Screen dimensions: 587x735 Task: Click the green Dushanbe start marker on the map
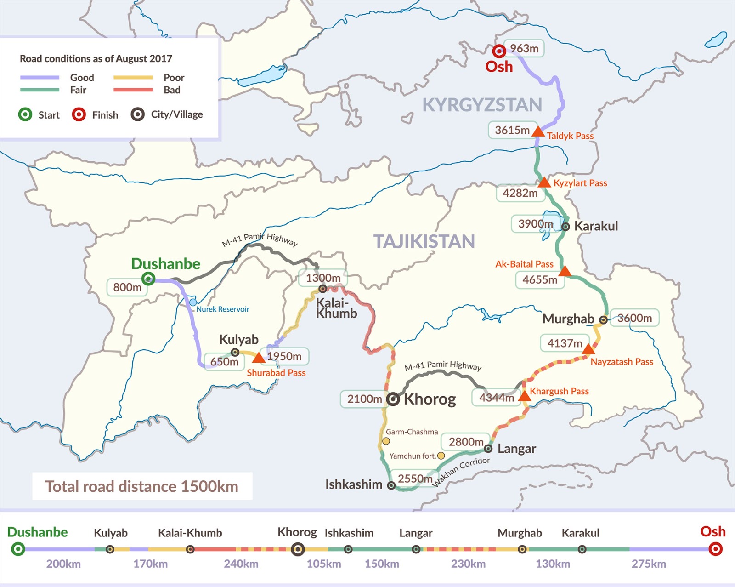148,278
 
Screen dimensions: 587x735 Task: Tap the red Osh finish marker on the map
499,51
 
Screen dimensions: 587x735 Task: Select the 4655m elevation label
540,279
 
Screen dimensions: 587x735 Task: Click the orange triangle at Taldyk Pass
538,132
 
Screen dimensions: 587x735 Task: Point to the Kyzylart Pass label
580,183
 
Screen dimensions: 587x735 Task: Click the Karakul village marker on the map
565,226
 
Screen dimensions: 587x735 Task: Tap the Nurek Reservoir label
223,309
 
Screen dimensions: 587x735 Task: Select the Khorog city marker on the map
393,399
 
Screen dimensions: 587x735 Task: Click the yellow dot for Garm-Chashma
386,441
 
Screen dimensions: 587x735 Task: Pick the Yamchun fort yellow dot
441,456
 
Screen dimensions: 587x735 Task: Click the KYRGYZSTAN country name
482,105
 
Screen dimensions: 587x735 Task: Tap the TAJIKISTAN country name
424,241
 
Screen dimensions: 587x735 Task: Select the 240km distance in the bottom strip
241,564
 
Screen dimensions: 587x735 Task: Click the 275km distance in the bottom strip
648,564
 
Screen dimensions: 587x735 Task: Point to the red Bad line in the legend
133,90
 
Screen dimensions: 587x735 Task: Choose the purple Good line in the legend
40,78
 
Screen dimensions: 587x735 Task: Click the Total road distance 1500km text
141,486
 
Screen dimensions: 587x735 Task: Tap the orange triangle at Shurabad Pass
259,357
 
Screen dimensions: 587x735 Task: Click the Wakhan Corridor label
461,471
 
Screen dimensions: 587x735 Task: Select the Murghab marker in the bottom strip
522,549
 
